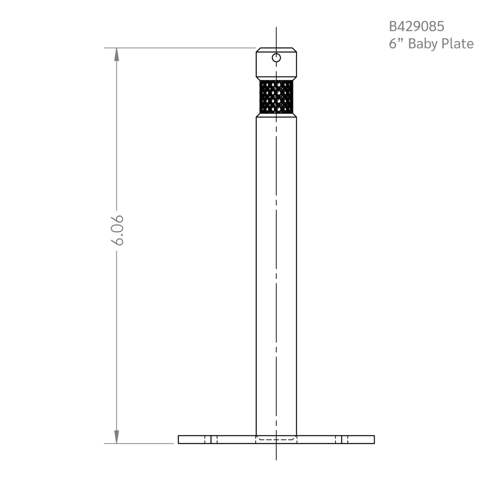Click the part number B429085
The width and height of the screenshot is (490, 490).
(417, 27)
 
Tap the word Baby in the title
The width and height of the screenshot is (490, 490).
(424, 44)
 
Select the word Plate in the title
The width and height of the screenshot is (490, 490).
(457, 44)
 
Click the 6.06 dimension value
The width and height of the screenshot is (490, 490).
(117, 230)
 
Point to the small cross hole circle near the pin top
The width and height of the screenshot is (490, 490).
(276, 58)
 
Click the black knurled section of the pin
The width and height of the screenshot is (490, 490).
(276, 97)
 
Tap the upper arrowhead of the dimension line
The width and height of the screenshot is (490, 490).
(117, 54)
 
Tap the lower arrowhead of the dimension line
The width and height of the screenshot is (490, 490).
(117, 437)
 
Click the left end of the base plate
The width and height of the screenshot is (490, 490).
(178, 440)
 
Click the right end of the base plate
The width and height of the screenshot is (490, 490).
(374, 440)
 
